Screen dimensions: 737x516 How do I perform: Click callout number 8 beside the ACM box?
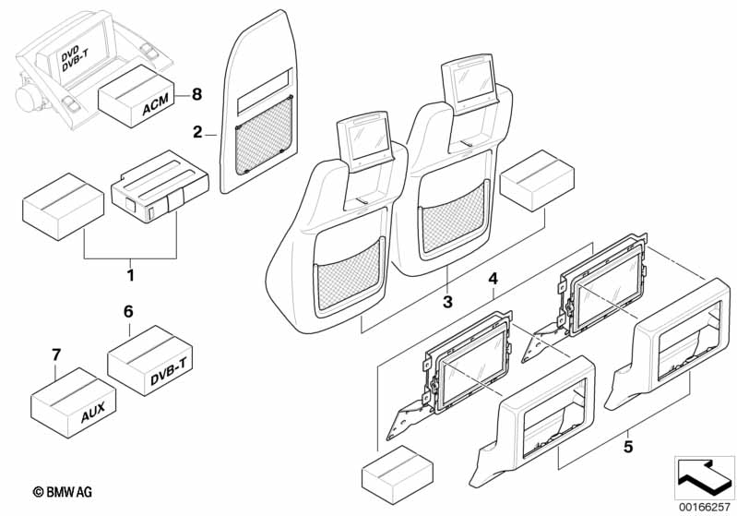click(197, 94)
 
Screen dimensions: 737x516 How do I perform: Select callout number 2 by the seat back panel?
click(198, 132)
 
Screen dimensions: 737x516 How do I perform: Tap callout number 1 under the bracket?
click(131, 275)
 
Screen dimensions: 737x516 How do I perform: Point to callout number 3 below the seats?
click(447, 302)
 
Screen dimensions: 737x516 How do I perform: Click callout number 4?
click(493, 279)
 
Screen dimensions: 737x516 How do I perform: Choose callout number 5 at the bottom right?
click(629, 446)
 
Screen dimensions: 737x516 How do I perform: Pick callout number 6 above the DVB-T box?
click(128, 311)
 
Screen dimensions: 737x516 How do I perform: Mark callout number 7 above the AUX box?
click(56, 354)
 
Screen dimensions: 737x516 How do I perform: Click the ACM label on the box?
click(156, 106)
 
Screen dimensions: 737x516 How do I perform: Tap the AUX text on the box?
click(93, 412)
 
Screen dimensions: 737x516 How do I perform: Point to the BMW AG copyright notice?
click(63, 492)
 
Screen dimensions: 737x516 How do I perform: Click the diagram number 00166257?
click(705, 508)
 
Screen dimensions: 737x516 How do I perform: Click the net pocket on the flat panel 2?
click(265, 135)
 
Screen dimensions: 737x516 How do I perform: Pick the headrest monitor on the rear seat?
click(470, 83)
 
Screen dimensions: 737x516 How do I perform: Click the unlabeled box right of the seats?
click(537, 181)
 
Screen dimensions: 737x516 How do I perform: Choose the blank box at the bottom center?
click(398, 475)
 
